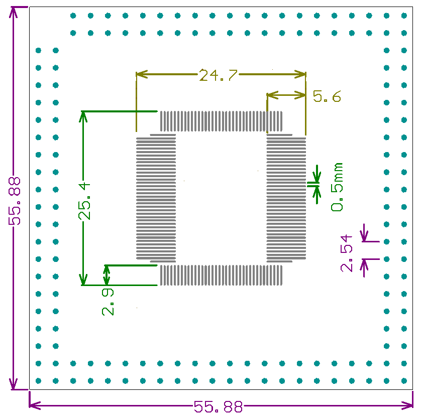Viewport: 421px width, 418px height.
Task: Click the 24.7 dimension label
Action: [x=218, y=75]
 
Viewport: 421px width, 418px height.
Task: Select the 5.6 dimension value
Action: [x=327, y=96]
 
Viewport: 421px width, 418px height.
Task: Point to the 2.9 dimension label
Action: [x=108, y=302]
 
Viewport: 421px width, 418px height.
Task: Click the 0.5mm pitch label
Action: [x=337, y=187]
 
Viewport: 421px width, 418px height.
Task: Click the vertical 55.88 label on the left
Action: [x=15, y=201]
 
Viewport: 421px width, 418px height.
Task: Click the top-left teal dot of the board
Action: [x=73, y=16]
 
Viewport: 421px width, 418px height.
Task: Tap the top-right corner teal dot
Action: [x=404, y=16]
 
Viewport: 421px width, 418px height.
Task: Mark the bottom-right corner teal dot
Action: [x=404, y=380]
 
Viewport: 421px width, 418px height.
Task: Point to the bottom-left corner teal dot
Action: [x=38, y=380]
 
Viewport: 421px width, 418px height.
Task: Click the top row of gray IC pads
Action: [x=221, y=121]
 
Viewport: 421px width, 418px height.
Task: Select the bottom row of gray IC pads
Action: [x=221, y=275]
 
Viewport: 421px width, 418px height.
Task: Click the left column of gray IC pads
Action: [x=156, y=198]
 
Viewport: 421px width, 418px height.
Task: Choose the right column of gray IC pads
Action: [x=286, y=198]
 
